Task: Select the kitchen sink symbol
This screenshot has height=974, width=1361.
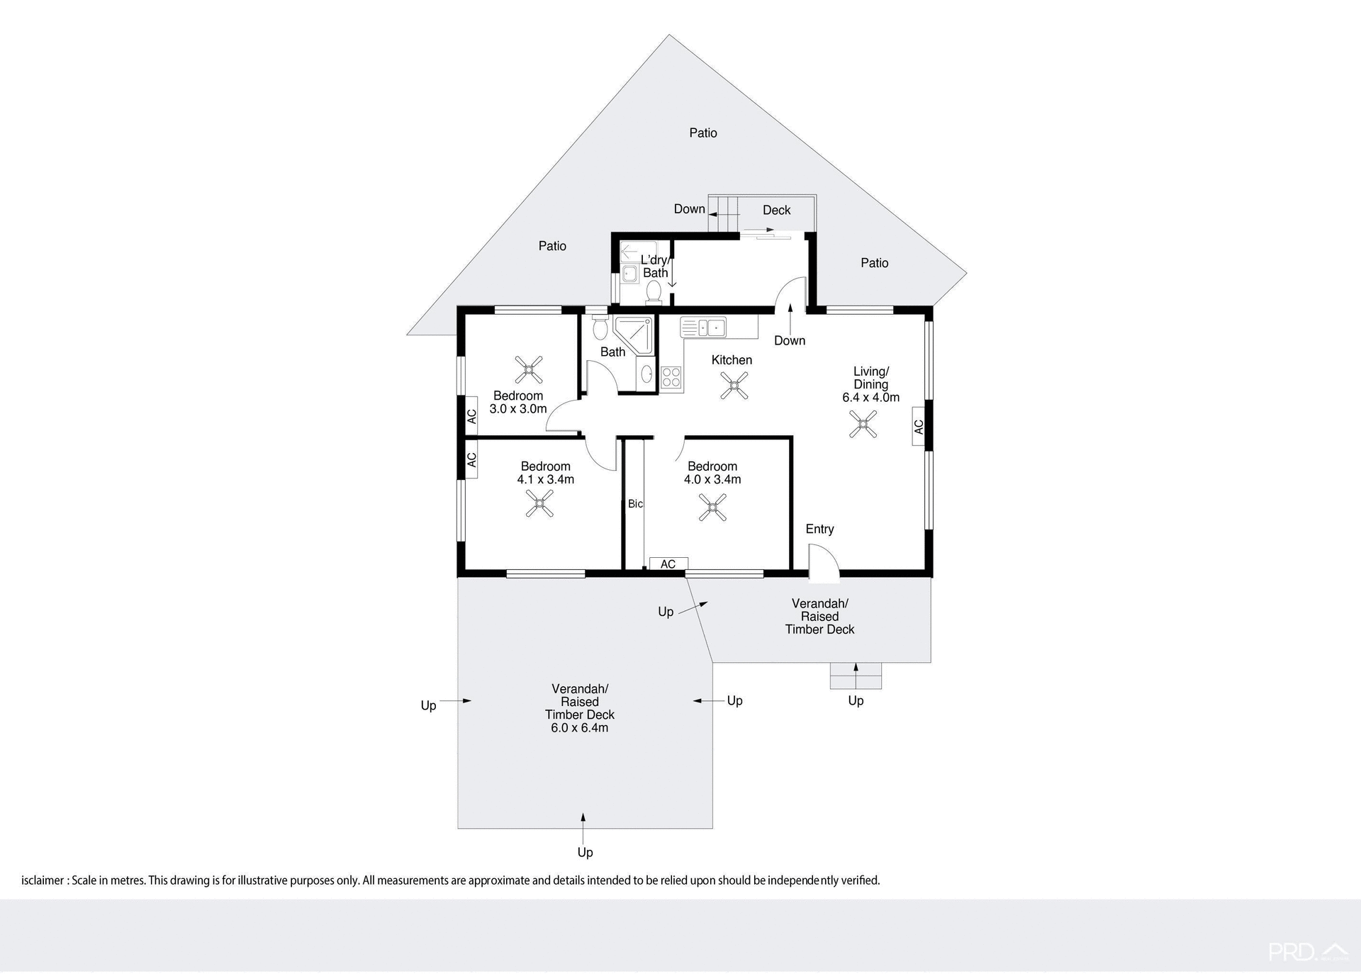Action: (703, 328)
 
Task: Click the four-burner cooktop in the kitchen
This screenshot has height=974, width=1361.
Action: (671, 378)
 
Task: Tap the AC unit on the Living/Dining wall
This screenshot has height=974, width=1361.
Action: (919, 427)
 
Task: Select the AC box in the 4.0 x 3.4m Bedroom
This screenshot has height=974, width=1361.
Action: (668, 564)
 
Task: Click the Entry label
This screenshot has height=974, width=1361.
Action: (819, 530)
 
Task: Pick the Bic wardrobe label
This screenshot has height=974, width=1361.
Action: (635, 504)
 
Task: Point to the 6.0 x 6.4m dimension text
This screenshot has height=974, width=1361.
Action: (579, 728)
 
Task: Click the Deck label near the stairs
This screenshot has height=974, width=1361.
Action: (776, 211)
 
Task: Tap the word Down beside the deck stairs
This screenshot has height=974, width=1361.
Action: (689, 209)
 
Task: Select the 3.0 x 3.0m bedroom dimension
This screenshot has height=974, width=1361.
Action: (518, 409)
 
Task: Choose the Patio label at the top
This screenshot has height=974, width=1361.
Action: (703, 133)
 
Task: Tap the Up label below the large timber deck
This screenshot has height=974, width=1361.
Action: (585, 853)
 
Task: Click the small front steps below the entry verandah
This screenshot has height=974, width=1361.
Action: (856, 676)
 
